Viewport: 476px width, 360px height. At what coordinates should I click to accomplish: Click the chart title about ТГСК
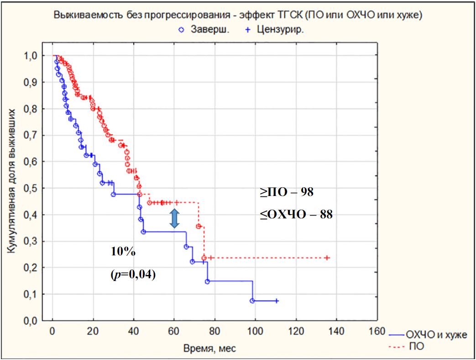pos(237,15)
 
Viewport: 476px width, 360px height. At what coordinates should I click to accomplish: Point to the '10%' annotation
pos(120,251)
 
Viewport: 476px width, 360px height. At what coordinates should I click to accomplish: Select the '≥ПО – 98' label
pos(287,192)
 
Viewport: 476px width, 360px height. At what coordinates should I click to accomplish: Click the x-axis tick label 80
pos(214,331)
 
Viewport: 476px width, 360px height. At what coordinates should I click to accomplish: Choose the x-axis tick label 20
pos(93,331)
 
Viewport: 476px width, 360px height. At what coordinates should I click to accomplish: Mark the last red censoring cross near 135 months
pos(327,258)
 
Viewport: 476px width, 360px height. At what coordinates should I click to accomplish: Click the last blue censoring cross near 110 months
pos(277,301)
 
